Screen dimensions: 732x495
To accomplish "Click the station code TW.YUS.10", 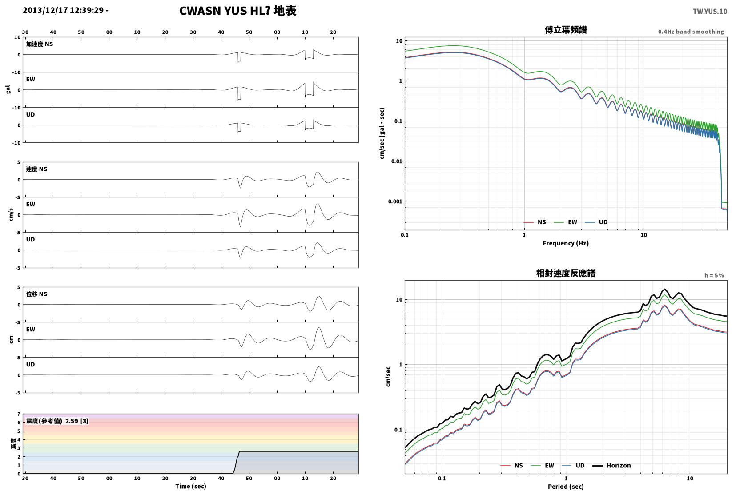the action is point(709,12).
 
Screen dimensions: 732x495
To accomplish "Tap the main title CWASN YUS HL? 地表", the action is point(237,11).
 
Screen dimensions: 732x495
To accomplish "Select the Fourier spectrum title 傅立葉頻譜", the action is point(566,30).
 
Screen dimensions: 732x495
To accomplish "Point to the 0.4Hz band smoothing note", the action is point(691,32).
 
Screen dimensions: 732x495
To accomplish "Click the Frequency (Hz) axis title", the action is point(566,243).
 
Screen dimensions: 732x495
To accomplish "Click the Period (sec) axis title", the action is point(566,487).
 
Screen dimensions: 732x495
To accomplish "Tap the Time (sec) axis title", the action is point(191,486).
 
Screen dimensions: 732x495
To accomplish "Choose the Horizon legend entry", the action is point(612,466).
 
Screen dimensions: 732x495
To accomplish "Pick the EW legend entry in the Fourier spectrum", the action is point(566,222).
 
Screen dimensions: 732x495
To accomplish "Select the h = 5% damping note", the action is point(714,275).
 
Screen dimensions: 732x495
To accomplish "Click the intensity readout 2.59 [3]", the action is point(77,421).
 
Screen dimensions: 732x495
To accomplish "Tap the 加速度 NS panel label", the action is point(40,44).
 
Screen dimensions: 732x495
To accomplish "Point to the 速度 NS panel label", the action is point(36,169).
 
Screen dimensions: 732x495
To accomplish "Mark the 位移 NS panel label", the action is point(36,294).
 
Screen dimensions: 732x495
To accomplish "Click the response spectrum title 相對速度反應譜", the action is point(566,273).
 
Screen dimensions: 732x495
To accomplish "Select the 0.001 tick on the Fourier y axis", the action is point(395,201).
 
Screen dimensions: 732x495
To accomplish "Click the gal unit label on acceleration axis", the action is point(8,89).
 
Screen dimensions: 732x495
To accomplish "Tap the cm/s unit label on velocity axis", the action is point(11,215).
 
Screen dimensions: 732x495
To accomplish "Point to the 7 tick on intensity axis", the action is point(19,414).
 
